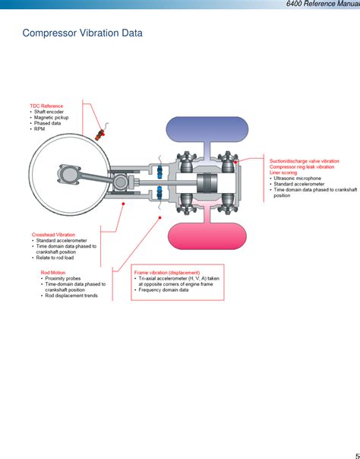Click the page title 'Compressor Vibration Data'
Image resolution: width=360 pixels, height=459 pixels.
[82, 33]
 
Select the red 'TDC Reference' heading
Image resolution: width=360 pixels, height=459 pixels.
[46, 106]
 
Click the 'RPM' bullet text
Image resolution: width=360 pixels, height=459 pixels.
[39, 129]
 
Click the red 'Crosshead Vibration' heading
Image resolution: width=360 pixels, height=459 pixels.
[53, 235]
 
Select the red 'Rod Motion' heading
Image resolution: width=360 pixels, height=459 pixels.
[53, 272]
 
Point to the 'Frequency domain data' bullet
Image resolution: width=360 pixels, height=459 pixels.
[163, 290]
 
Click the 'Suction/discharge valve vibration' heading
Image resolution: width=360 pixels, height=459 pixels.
[305, 161]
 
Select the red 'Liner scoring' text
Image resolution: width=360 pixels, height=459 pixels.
[285, 173]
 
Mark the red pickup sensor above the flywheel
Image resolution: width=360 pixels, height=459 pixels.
[99, 135]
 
